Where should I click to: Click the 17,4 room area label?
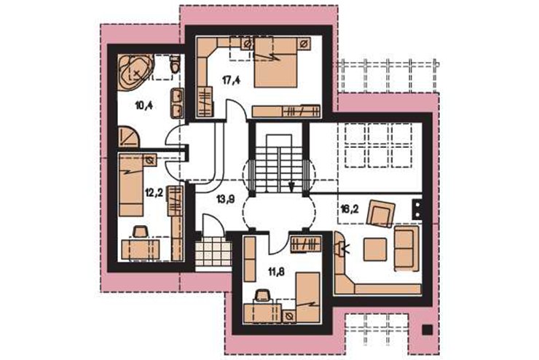tap(231, 81)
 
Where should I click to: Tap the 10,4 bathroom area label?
tap(144, 105)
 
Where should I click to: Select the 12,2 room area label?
tap(154, 193)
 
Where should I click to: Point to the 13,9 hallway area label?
tap(226, 199)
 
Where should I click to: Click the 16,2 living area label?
tap(350, 208)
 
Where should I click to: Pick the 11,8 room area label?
tap(277, 273)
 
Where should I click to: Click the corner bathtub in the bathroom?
tap(134, 72)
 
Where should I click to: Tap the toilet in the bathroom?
tap(176, 64)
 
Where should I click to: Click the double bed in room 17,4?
tap(275, 62)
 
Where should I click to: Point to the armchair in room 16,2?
tap(381, 214)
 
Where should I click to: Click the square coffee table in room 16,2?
tap(375, 249)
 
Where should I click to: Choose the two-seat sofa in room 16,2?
tap(406, 249)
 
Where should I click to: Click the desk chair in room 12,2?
tap(139, 231)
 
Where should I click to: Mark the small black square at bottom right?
tap(428, 329)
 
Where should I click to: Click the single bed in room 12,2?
tap(131, 185)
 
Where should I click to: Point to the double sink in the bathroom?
tap(178, 103)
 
